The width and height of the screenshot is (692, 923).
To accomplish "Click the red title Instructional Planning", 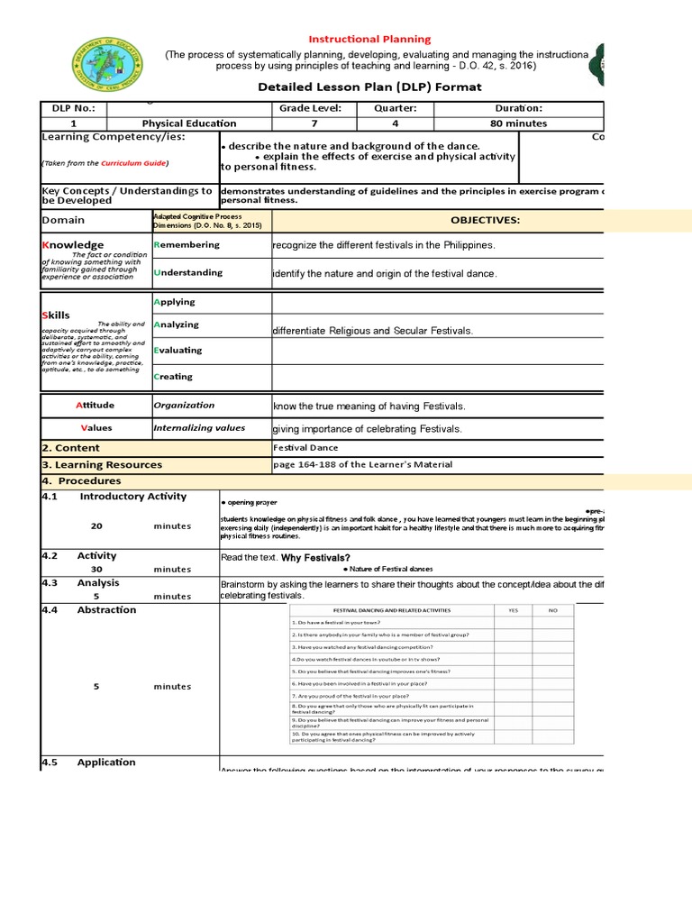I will (369, 40).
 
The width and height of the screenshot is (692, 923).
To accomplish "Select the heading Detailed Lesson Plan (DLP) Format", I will (369, 87).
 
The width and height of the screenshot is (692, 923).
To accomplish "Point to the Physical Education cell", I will (189, 123).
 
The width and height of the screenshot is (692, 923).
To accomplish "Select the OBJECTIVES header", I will (485, 220).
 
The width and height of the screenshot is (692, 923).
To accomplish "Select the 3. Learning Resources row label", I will (102, 465).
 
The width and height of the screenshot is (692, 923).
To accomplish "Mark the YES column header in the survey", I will (514, 610).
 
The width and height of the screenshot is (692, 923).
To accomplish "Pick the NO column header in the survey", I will (553, 610).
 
